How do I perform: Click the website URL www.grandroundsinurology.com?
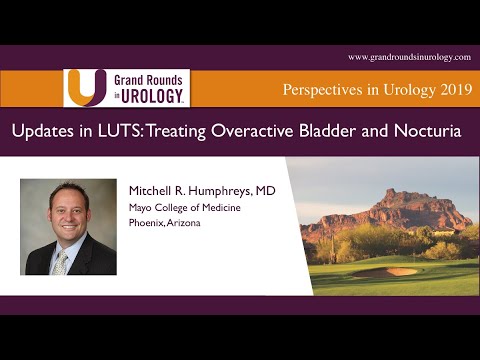point(408,56)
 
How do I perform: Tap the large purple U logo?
point(85,87)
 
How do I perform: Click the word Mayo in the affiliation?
point(142,208)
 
